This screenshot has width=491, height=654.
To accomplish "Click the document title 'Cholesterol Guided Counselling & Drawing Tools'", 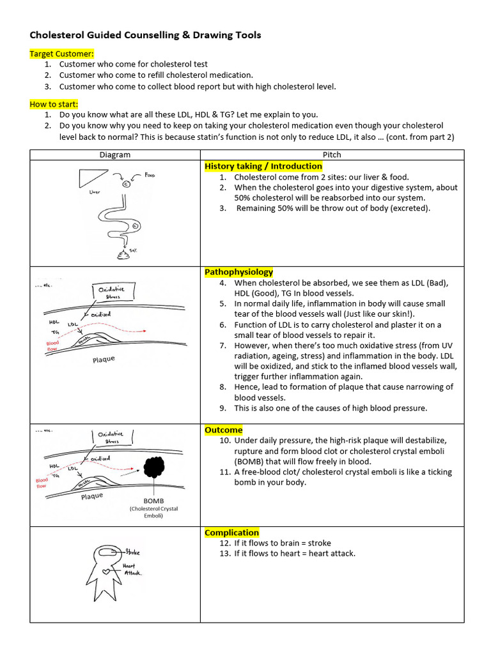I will [x=145, y=35].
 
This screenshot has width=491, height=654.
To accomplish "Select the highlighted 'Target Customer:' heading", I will [x=61, y=54].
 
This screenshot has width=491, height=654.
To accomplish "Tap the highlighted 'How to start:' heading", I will [x=54, y=104].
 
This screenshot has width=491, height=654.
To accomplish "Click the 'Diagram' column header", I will [x=115, y=155].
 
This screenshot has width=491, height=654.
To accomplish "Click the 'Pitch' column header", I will [x=332, y=155].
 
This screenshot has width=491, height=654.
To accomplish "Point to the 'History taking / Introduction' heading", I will [x=263, y=166].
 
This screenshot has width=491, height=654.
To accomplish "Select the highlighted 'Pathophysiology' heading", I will [x=238, y=272].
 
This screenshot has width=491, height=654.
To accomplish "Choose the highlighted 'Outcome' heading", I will [x=223, y=430].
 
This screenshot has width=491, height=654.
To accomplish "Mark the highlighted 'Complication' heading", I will [x=231, y=533].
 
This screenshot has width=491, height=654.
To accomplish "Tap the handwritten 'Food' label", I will [x=150, y=174].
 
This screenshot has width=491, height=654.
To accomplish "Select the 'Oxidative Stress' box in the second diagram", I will [x=113, y=293].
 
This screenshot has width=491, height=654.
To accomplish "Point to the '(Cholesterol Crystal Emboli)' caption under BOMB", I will [x=154, y=512].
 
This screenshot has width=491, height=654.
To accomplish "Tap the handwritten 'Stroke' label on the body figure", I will [x=132, y=552].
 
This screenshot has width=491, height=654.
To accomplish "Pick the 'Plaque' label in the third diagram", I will [x=93, y=496].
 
